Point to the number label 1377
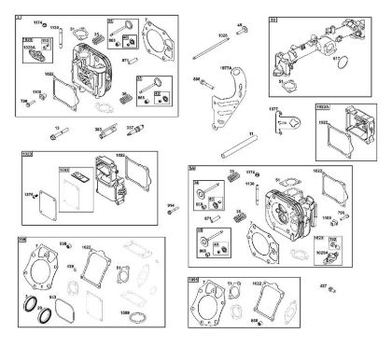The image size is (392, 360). click(x=273, y=108)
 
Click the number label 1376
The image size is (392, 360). click(x=28, y=194)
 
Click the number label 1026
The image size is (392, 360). click(x=197, y=35)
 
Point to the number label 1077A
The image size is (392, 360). click(x=225, y=69)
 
